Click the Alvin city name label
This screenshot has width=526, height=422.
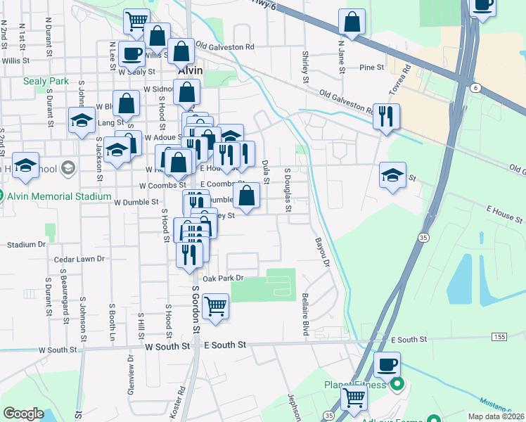(x=190, y=71)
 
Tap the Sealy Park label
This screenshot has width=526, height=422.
(x=46, y=81)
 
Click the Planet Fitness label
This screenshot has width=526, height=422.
(x=355, y=385)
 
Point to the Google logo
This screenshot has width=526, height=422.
(x=23, y=414)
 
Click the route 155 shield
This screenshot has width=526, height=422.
(x=499, y=338)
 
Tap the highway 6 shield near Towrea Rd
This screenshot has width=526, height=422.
(x=476, y=88)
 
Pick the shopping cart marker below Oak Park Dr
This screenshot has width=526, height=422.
(x=215, y=307)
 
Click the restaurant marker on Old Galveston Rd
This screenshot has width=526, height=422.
(x=386, y=116)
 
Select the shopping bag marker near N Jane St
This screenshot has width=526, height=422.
(x=352, y=23)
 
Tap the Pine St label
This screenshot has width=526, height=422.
(x=371, y=68)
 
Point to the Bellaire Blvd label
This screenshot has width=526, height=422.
(x=306, y=314)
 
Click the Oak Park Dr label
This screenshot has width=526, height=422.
(x=222, y=279)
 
